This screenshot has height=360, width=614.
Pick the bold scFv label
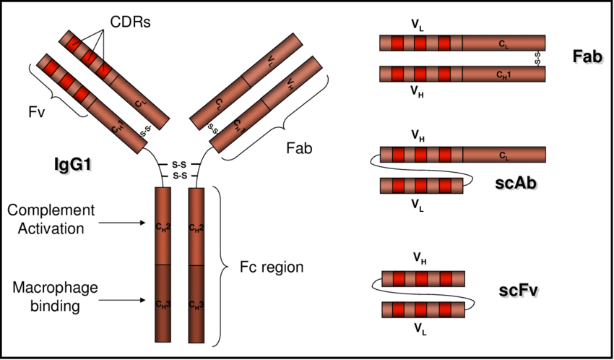520,291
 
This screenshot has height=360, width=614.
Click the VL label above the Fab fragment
418,25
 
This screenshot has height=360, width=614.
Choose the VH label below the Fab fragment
418,92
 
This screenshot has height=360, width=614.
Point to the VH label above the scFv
418,257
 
